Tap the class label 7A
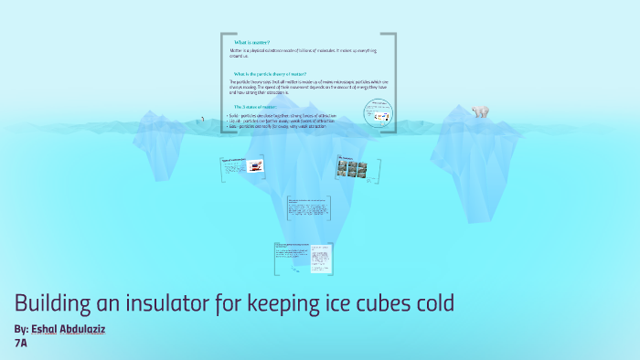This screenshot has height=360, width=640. (21, 343)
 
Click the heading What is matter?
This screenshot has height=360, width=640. (251, 42)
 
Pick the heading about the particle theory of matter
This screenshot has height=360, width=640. (270, 73)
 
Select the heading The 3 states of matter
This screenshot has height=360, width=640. (255, 107)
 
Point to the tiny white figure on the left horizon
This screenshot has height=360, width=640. (203, 118)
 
